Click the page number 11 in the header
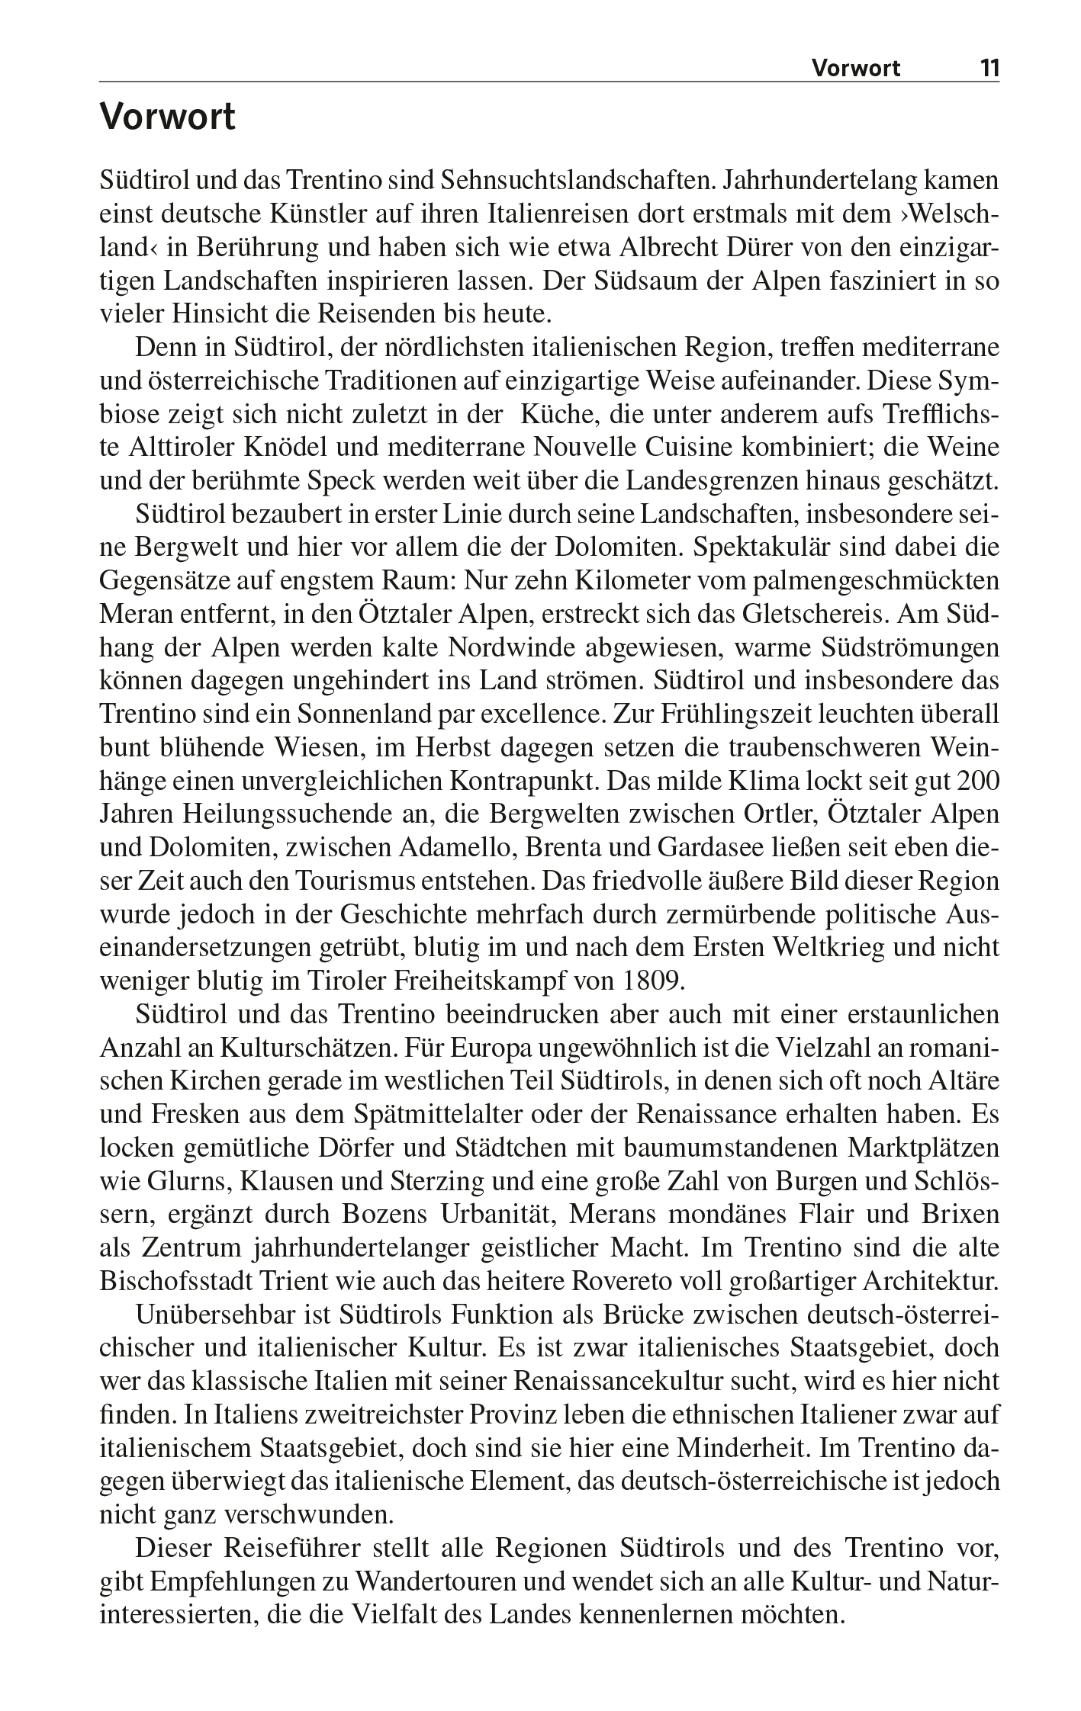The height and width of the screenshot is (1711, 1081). pyautogui.click(x=989, y=69)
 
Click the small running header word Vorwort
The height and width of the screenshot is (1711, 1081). pyautogui.click(x=855, y=69)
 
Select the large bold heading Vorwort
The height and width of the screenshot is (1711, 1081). pyautogui.click(x=168, y=118)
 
